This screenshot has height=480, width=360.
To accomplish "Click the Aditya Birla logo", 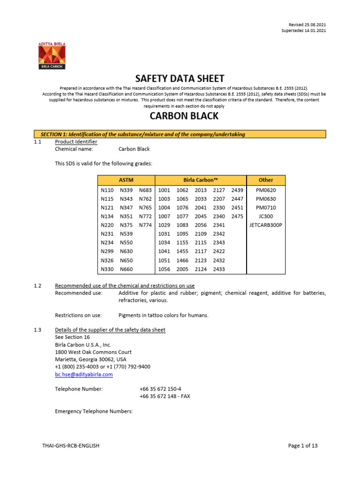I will pos(52,55).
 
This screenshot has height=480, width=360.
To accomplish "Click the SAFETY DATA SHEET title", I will pos(180,78).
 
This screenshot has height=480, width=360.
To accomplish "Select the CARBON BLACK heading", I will pos(180,117).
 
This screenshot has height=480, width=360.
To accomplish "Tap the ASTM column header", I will pos(126,180).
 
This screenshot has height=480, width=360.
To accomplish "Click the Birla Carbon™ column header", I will pos(201,180).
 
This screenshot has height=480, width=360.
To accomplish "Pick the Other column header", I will pos(265,180).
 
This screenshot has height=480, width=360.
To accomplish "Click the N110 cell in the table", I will pos(107,190).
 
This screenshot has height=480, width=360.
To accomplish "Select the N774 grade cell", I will pos(145,225).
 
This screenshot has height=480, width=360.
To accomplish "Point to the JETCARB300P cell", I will pos(265,225).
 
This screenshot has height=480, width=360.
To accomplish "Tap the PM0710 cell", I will pos(265,208).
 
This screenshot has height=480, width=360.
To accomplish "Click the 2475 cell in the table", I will pos(237,217).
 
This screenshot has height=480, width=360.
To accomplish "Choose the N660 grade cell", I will pos(126,269).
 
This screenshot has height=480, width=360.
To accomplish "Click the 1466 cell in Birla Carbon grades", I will pos(182,260).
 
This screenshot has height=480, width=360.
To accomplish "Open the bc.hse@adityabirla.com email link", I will pos(84,375).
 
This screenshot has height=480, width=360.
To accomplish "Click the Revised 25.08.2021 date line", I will pos(307,24).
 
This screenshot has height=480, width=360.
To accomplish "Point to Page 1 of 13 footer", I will pos(302,446).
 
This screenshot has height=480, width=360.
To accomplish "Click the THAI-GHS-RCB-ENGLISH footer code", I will pos(70,446).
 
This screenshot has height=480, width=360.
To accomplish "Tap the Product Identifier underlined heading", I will pos(76,142).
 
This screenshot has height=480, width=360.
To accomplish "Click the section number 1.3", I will pos(38,330).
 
